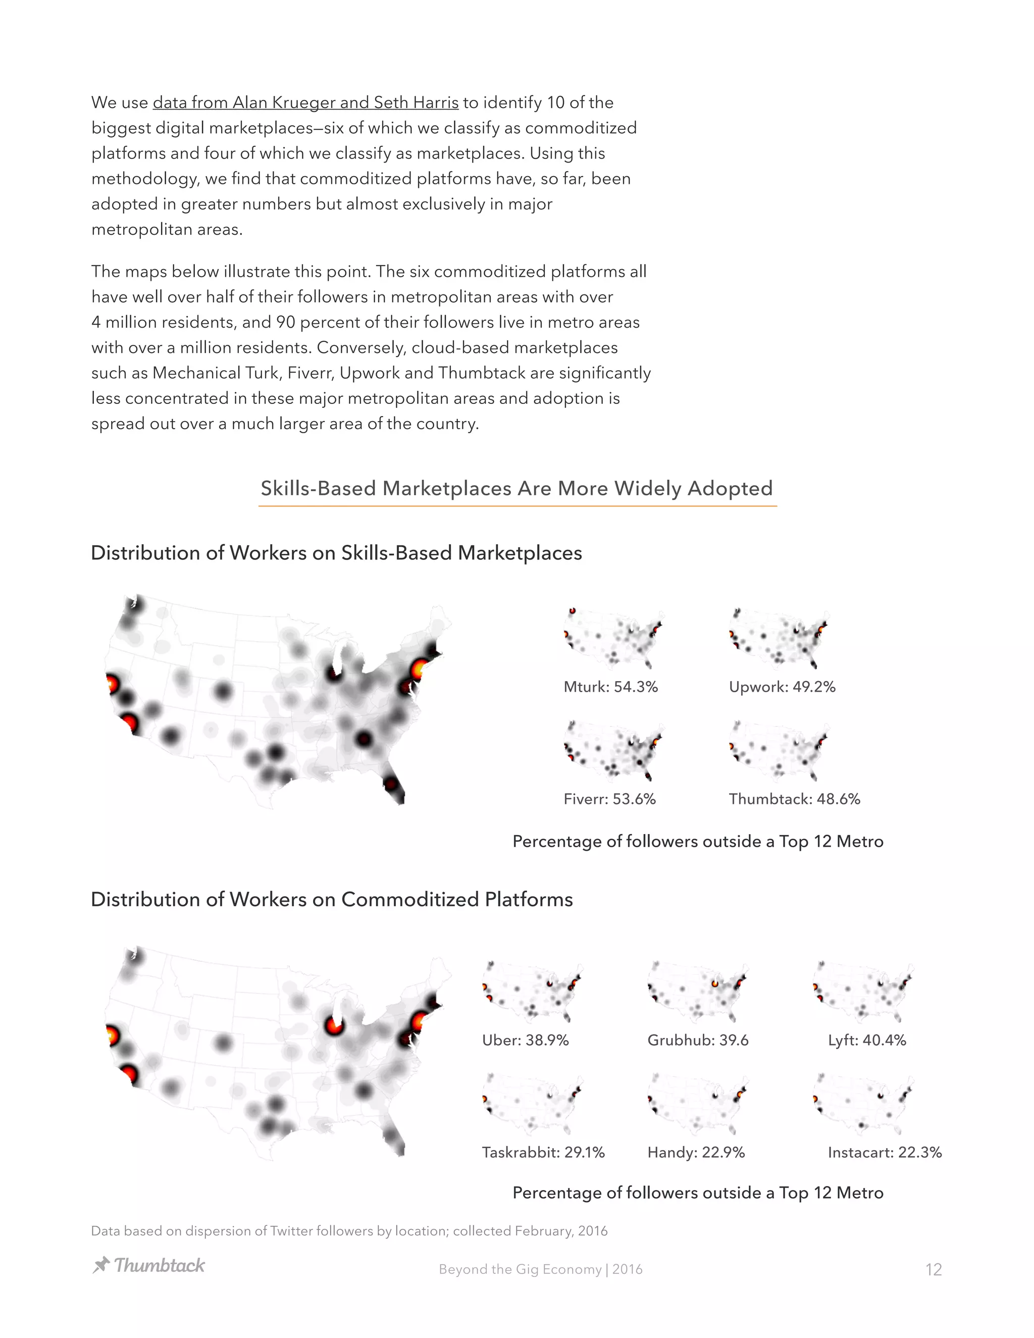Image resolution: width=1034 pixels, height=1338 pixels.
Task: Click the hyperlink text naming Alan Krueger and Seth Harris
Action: tap(305, 102)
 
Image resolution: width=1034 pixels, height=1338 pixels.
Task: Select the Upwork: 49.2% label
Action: tap(782, 687)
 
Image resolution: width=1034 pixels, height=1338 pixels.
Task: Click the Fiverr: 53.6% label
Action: tap(609, 799)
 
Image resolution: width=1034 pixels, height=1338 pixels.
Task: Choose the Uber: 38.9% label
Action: tap(525, 1040)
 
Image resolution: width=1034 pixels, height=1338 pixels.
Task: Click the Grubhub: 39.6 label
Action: tap(698, 1040)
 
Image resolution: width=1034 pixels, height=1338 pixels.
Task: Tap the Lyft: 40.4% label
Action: tap(866, 1040)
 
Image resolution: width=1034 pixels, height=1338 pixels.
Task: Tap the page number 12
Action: tap(933, 1269)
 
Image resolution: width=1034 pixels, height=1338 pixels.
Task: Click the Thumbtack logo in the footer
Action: tap(148, 1265)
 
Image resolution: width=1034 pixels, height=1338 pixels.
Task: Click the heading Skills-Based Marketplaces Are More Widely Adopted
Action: tap(516, 488)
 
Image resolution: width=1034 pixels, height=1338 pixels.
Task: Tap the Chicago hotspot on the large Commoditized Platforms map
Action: tap(334, 1025)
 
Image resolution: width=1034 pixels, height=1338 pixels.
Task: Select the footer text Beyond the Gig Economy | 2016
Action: tap(540, 1269)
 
